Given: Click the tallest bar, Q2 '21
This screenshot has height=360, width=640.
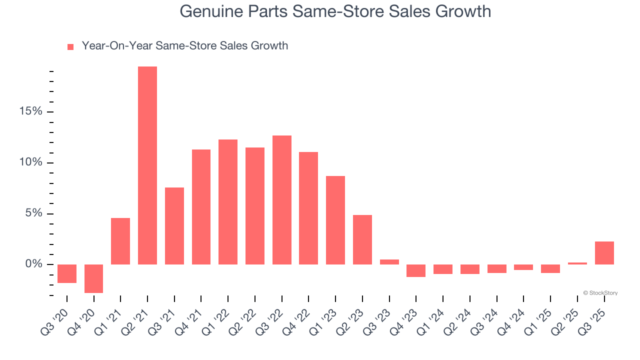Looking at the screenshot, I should coord(147,165).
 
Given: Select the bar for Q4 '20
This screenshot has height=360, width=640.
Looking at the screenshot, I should coord(93,278).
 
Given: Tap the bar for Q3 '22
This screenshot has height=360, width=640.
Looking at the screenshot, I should coord(282,200).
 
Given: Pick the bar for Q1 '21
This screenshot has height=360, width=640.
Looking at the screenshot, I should coord(120,241).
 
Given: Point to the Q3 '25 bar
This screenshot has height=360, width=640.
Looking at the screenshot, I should coord(604,253).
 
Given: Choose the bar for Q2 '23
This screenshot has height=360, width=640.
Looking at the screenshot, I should coord(362,239).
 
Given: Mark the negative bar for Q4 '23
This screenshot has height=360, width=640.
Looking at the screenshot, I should coord(416,270).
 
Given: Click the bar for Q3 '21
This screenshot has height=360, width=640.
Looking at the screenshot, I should coord(174,226).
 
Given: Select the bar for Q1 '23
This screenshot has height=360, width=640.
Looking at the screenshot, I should coord(335,220).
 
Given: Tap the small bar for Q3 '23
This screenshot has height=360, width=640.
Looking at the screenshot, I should coord(389,261).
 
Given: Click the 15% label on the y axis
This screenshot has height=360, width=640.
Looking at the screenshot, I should coord(31,111).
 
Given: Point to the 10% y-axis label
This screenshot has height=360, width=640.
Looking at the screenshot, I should coord(31,162).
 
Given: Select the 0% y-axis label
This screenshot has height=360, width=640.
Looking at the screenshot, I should coord(33,264).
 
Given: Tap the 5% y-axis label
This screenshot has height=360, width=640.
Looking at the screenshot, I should coord(33,213).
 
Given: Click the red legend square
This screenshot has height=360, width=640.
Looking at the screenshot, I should coord(70,47).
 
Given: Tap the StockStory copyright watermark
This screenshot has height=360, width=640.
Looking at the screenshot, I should coord(600,293).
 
